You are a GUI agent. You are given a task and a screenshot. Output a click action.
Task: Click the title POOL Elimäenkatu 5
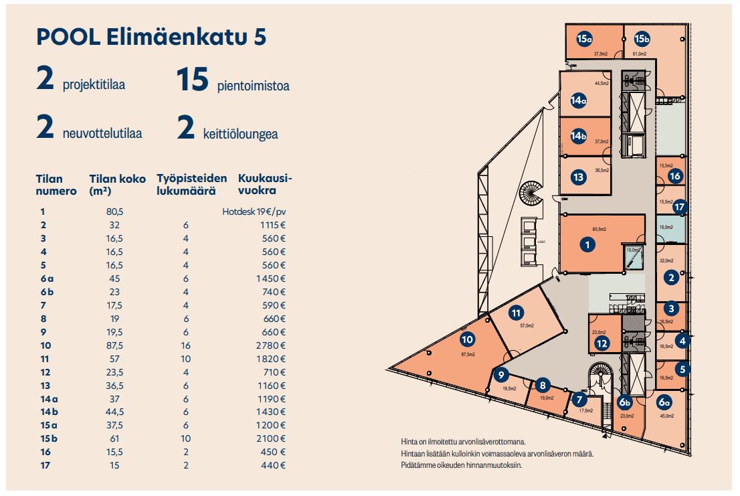(151, 37)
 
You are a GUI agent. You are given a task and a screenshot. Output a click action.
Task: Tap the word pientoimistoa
(253, 86)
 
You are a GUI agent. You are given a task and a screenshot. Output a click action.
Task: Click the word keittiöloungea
(240, 134)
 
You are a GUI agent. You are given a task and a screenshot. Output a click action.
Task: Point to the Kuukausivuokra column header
(265, 185)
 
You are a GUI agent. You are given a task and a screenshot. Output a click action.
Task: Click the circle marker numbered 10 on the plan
(467, 339)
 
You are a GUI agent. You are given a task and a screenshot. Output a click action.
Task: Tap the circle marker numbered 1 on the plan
(587, 244)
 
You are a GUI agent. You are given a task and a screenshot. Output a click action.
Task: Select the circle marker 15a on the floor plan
(585, 39)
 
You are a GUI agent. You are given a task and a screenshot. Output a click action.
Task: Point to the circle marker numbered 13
(579, 177)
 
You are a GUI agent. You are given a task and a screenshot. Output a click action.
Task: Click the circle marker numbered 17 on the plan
(680, 206)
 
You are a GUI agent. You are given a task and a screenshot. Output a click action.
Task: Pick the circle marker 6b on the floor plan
(625, 403)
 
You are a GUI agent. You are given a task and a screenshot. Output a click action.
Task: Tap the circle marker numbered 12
(602, 344)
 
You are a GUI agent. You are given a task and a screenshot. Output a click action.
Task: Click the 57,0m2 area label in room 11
(527, 326)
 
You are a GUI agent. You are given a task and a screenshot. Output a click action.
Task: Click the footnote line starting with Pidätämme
(462, 465)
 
